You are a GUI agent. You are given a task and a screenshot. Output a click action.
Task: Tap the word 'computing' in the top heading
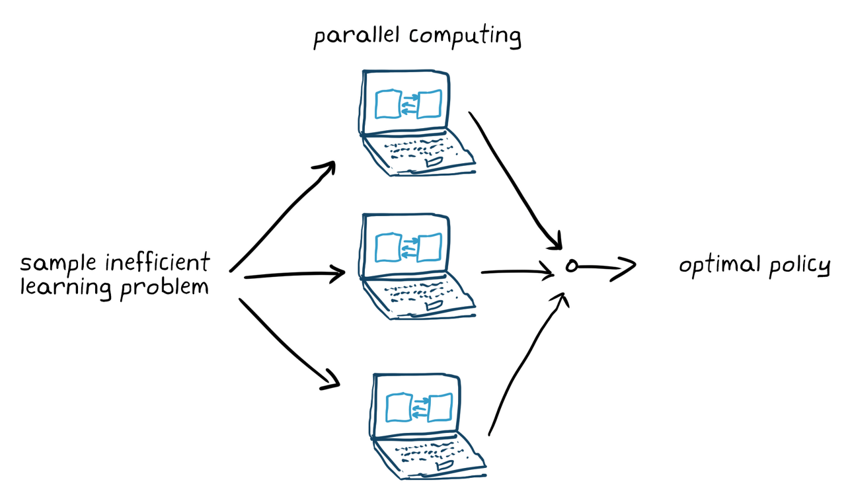pyautogui.click(x=465, y=37)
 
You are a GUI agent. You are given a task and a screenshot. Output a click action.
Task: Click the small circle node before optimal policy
pyautogui.click(x=572, y=266)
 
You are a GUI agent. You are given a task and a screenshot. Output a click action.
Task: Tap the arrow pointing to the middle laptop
pyautogui.click(x=294, y=274)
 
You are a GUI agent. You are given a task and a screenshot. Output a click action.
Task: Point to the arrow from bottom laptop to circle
pyautogui.click(x=525, y=360)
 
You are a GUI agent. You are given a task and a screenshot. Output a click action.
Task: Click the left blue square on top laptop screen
pyautogui.click(x=388, y=104)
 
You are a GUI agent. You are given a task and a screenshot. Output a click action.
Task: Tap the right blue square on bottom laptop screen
pyautogui.click(x=440, y=408)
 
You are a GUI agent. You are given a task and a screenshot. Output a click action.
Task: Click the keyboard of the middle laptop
pyautogui.click(x=423, y=295)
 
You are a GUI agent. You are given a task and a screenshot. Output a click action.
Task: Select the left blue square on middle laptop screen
pyautogui.click(x=388, y=247)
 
